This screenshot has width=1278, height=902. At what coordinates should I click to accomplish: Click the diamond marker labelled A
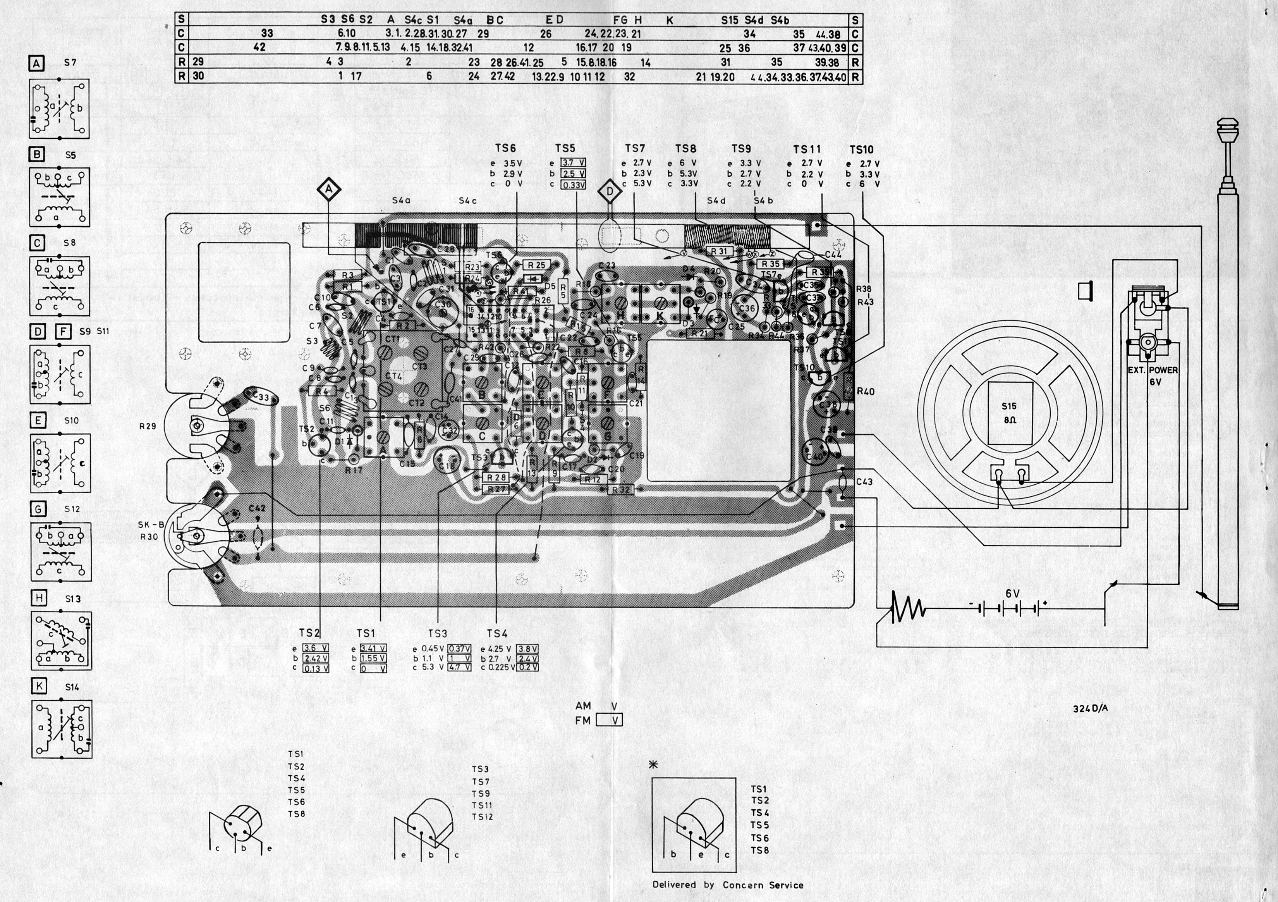(329, 190)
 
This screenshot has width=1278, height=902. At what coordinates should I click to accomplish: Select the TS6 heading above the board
(505, 148)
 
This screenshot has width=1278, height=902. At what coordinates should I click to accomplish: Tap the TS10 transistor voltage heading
(862, 150)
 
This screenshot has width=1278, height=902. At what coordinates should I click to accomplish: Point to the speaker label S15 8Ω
(1008, 413)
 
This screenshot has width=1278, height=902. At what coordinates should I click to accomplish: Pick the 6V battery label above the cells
(1012, 594)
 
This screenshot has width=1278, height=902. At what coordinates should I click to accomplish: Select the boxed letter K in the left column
(39, 686)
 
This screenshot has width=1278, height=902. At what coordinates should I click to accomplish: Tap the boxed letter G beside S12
(38, 508)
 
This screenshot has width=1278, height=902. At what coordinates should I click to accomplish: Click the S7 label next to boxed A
(70, 63)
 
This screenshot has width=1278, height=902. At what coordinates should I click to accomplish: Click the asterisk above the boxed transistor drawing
(654, 765)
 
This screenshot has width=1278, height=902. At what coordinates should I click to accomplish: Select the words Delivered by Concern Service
(728, 885)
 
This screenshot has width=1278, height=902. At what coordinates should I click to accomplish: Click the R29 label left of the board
(148, 427)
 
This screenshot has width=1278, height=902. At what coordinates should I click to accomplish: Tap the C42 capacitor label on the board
(257, 508)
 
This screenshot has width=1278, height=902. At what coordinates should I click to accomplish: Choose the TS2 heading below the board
(309, 633)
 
